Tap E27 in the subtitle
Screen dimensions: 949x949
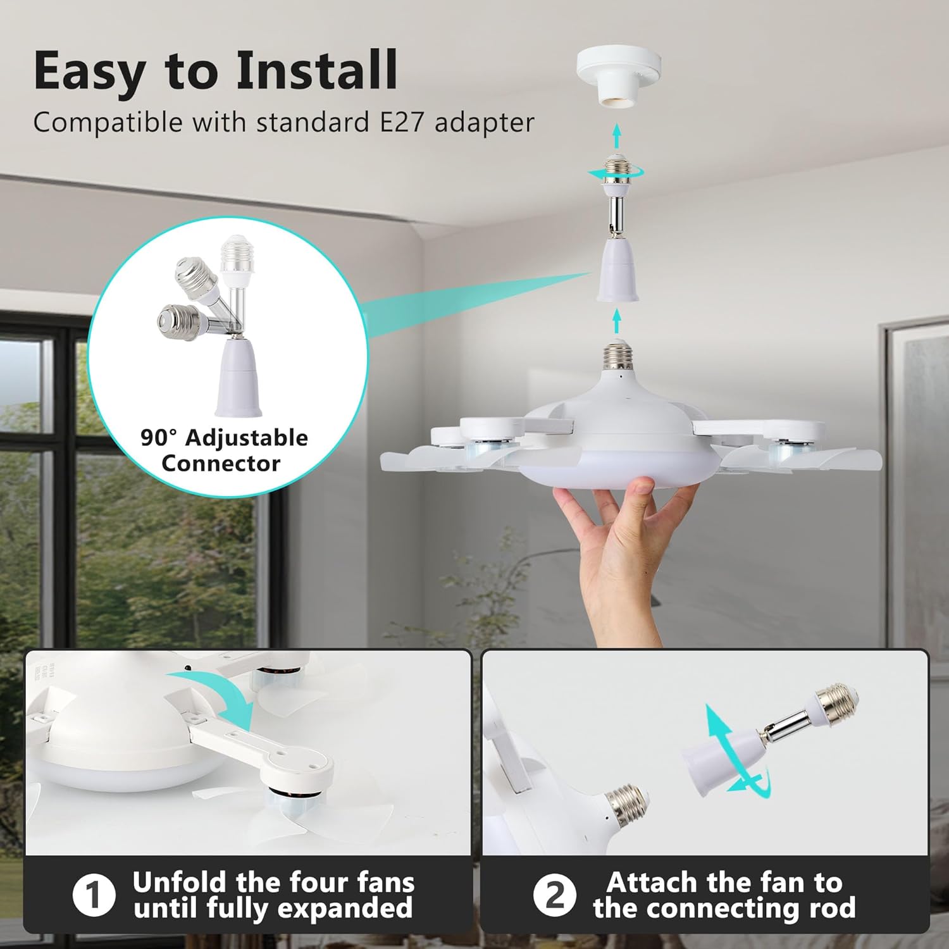401,122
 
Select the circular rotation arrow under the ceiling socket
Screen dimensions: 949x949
616,172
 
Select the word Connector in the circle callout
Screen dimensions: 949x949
221,464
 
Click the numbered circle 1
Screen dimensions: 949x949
94,895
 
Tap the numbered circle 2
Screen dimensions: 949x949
554,895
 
